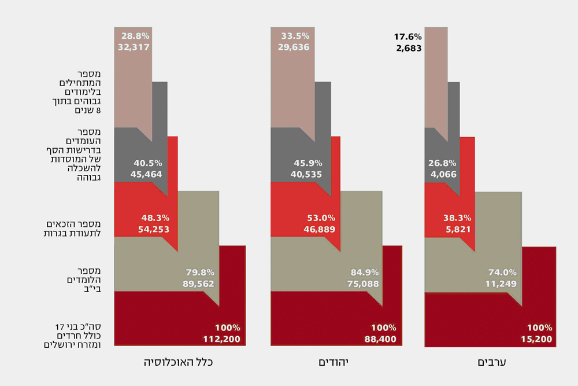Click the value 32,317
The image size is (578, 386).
point(134,47)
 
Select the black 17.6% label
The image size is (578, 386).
point(408,37)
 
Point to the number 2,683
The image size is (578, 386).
point(409,48)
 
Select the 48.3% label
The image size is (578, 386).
point(155,218)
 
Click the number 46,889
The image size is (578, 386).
point(318,229)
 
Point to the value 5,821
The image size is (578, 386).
point(460,229)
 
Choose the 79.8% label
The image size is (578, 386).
point(200,272)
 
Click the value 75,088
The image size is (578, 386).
point(361,284)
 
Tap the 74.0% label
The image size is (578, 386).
point(502,272)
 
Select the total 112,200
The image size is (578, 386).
point(221,339)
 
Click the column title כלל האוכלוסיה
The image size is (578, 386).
point(179,362)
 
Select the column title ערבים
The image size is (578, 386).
point(492,362)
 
